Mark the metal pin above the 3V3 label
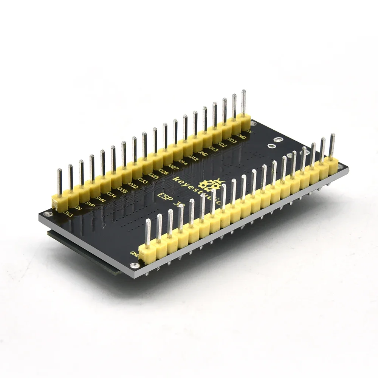(59, 181)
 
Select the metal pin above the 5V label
(243, 102)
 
